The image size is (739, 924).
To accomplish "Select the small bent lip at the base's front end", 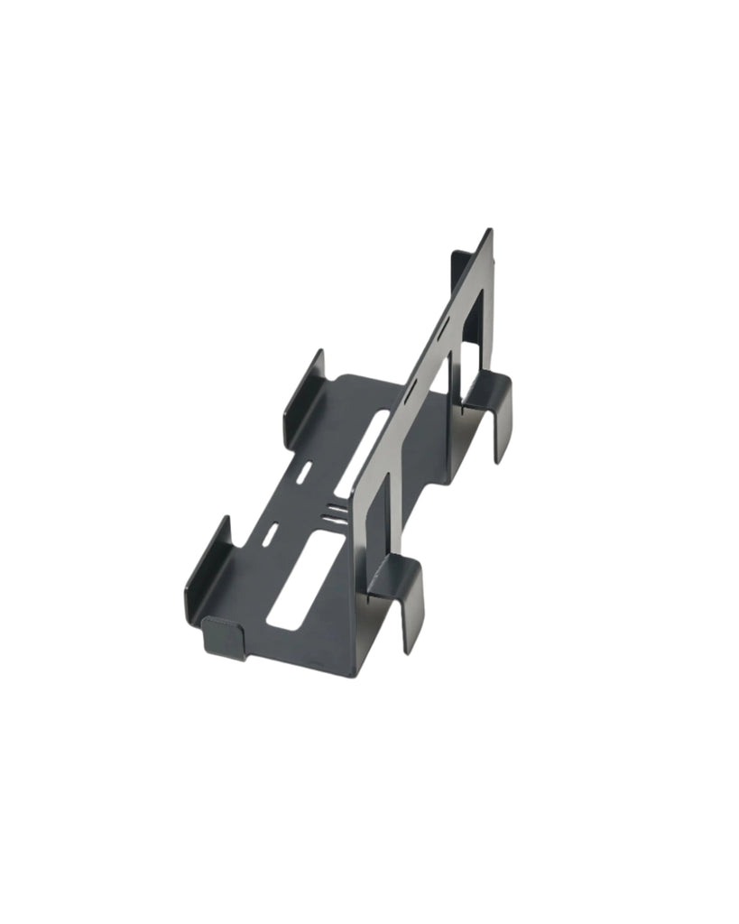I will tap(224, 637).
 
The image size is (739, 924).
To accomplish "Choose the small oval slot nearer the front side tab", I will tap(269, 533).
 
